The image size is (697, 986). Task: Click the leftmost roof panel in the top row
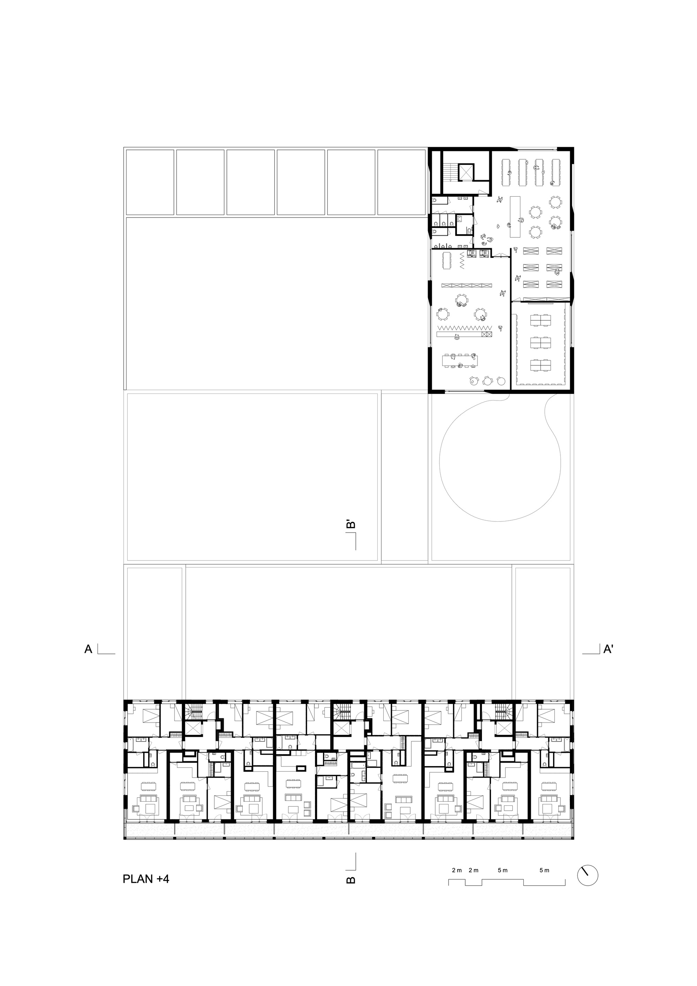tap(150, 182)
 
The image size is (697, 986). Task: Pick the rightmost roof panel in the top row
tap(401, 182)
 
